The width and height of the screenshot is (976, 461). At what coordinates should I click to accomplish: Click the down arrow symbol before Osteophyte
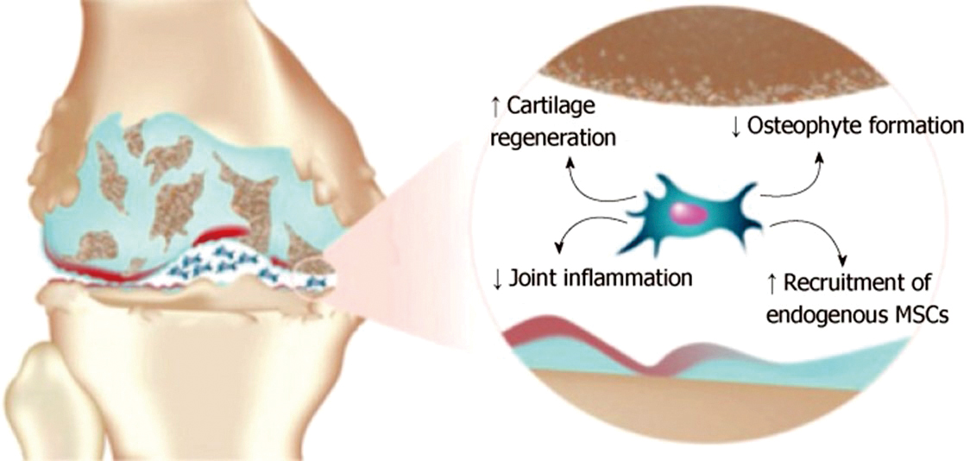735,127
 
